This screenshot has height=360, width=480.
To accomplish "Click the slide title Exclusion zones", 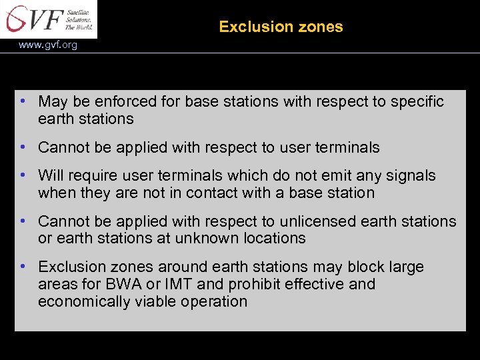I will [281, 27].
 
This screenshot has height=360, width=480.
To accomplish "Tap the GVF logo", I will [48, 19].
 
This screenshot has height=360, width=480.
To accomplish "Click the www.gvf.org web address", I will [48, 45].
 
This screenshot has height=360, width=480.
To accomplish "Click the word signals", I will [412, 176].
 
